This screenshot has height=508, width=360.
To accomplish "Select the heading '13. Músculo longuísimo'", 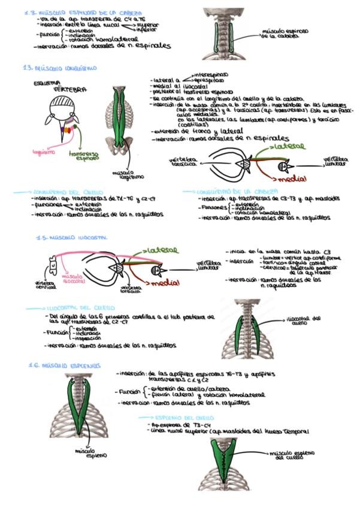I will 59,68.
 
